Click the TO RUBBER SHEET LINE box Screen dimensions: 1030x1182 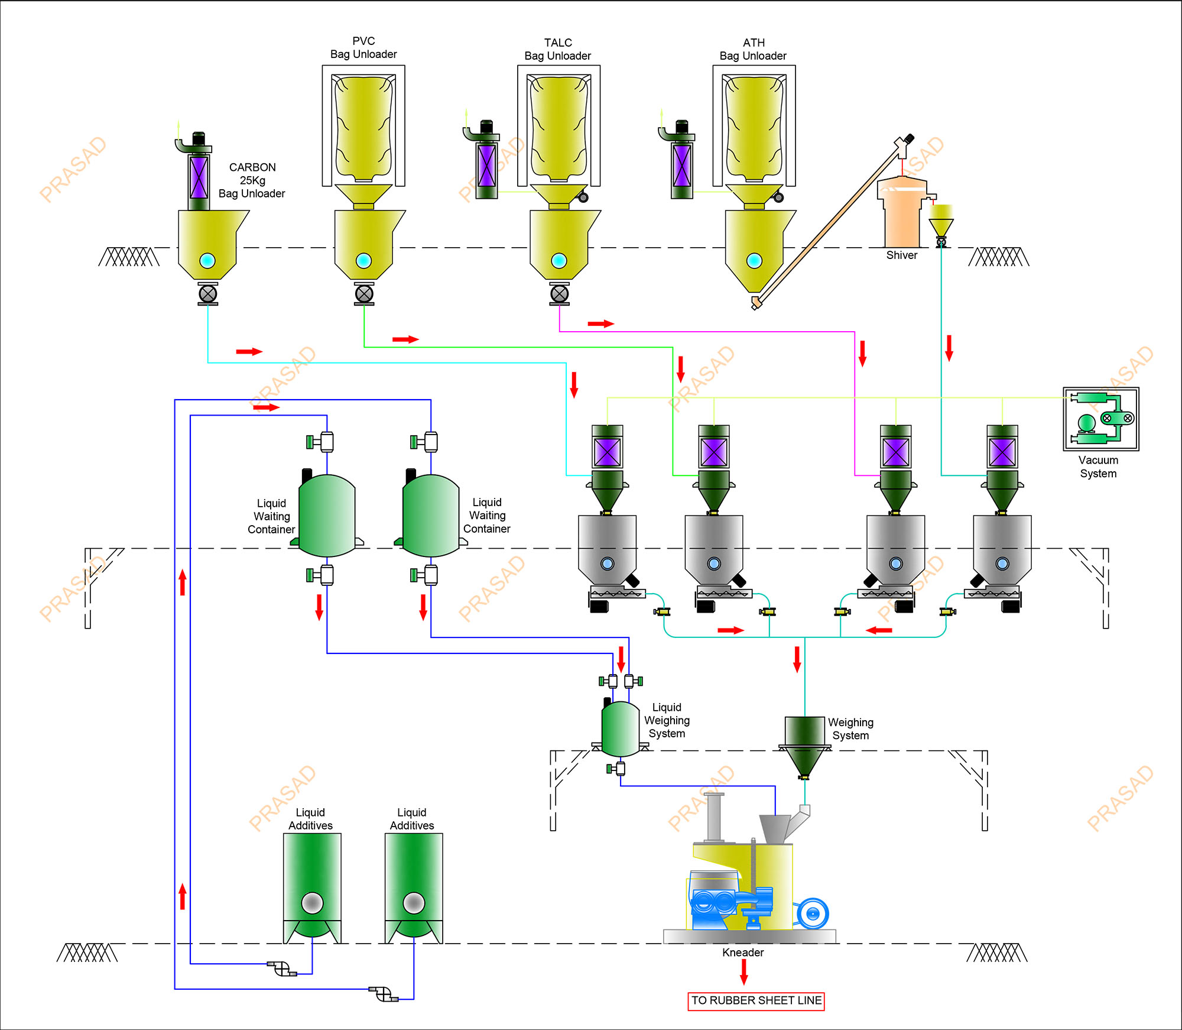[x=756, y=1001]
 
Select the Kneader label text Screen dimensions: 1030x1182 [x=743, y=953]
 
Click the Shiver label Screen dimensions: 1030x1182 [x=901, y=255]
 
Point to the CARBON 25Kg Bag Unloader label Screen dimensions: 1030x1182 [x=252, y=180]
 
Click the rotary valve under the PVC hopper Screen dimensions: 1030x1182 [x=364, y=294]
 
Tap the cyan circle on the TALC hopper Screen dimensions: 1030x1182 [x=559, y=260]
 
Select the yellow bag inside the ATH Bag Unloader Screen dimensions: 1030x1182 [x=754, y=127]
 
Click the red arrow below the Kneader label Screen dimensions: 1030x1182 [x=743, y=971]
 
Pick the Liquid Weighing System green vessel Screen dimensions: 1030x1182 [x=621, y=729]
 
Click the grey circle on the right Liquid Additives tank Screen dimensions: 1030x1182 [x=414, y=903]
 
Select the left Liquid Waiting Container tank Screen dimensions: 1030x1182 [x=327, y=516]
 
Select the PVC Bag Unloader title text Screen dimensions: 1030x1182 [x=363, y=47]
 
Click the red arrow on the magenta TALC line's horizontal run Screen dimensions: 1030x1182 [x=600, y=323]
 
